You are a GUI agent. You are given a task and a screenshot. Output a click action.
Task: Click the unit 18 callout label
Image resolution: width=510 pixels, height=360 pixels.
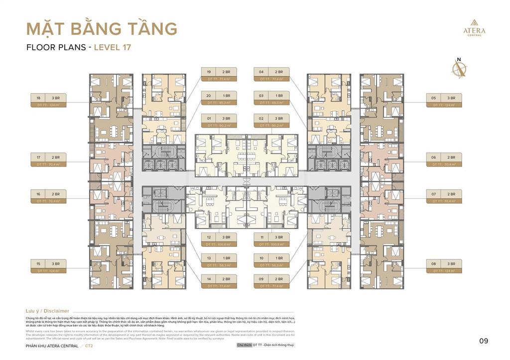click(48, 101)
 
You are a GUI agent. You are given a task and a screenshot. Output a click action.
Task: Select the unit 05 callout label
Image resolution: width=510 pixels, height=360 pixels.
click(443, 101)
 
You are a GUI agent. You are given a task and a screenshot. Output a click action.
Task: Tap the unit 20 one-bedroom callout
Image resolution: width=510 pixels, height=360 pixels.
click(219, 98)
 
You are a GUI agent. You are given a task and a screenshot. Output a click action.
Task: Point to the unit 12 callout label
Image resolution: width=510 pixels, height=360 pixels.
click(219, 240)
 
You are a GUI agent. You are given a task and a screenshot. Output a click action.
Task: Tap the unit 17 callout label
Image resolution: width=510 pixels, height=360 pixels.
click(48, 160)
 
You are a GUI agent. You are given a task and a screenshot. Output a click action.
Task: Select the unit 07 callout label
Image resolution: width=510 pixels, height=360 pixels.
click(443, 197)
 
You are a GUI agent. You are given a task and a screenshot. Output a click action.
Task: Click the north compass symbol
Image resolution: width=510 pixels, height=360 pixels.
click(459, 69)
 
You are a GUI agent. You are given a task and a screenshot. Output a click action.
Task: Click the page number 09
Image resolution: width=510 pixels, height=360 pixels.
click(484, 341)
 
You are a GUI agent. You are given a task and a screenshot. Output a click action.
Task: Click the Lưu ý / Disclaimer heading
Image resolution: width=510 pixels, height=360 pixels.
click(47, 311)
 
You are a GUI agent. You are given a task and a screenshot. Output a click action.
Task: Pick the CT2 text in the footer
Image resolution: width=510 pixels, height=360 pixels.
click(89, 346)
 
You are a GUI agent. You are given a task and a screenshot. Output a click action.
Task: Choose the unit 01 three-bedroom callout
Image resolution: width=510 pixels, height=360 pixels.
click(219, 121)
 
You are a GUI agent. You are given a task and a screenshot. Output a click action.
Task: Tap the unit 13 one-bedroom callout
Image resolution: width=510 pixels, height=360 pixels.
click(219, 261)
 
